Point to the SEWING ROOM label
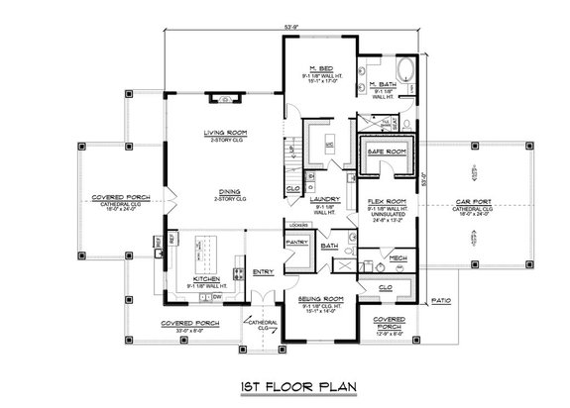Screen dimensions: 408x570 click(x=321, y=297)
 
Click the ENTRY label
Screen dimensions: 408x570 click(x=264, y=273)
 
